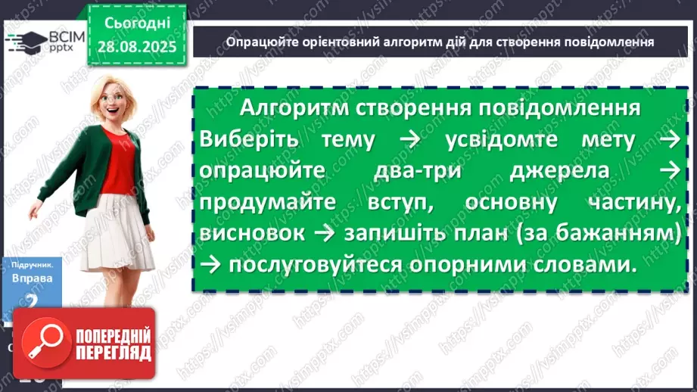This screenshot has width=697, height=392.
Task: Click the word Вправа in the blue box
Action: (32, 278)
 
